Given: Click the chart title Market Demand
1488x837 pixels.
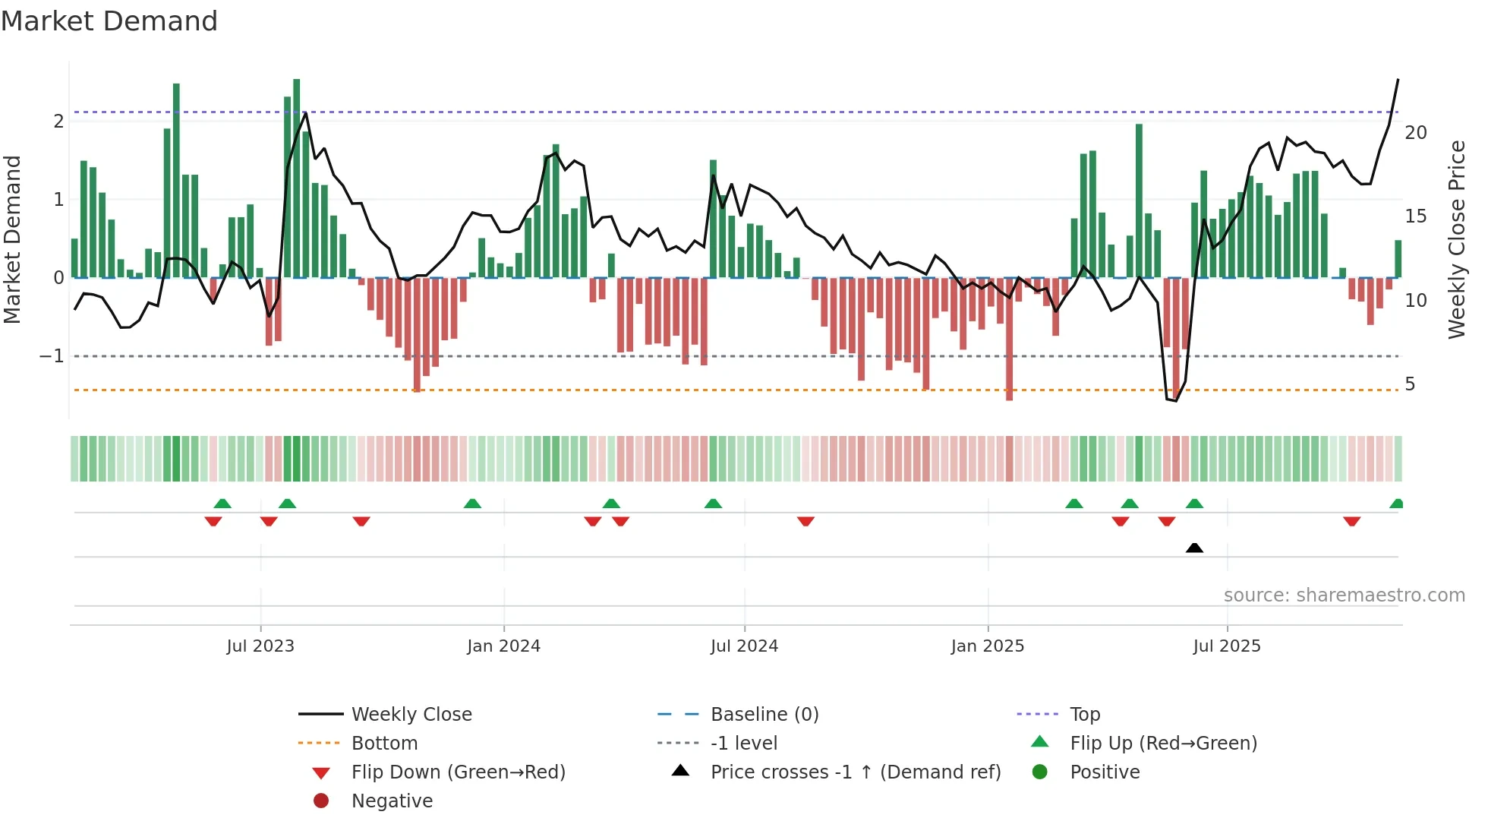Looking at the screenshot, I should [x=109, y=21].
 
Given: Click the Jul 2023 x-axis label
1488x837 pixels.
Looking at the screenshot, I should [x=260, y=646].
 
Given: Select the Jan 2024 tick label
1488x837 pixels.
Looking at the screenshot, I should [x=503, y=646].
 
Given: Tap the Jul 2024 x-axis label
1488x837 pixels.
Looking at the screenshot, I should [x=744, y=646].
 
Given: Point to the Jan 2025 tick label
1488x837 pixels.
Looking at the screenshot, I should [x=987, y=646].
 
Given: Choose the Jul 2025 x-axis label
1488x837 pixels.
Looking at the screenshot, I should [x=1227, y=646].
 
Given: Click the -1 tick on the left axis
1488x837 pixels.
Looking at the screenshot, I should [x=52, y=356].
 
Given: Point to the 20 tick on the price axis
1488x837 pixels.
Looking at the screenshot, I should [x=1415, y=133].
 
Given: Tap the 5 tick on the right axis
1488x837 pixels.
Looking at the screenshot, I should [x=1410, y=384].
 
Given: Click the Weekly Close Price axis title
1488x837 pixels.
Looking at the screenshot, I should [x=1456, y=239].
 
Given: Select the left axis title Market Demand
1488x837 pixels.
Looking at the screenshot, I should [x=12, y=239].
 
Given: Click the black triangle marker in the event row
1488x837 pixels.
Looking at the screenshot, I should [x=1194, y=548].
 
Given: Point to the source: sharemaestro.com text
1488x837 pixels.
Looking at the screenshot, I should [x=1344, y=595].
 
